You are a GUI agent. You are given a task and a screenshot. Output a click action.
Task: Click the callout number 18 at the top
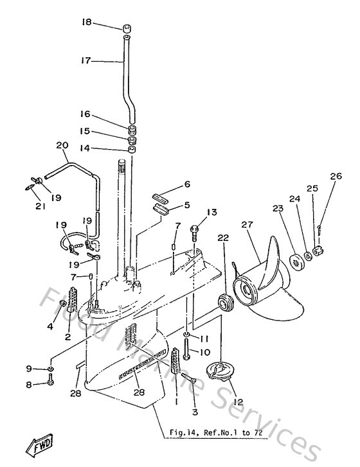(86, 22)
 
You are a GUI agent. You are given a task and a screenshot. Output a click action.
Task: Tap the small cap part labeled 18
(127, 29)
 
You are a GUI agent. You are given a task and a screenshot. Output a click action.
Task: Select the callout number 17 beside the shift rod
(86, 61)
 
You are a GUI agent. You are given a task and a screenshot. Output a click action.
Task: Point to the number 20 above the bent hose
(62, 146)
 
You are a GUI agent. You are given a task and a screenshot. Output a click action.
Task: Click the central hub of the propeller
(248, 291)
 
